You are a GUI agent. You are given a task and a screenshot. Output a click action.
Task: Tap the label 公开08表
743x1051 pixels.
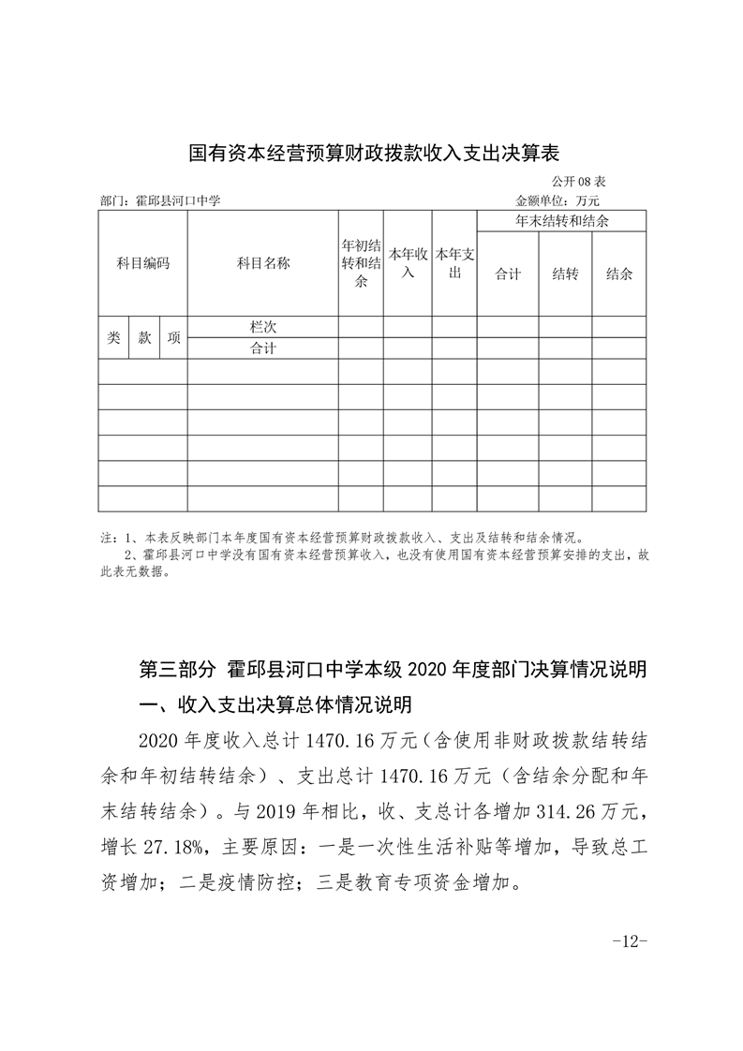[x=579, y=182]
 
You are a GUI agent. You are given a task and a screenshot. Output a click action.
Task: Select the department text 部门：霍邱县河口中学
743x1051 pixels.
[x=160, y=200]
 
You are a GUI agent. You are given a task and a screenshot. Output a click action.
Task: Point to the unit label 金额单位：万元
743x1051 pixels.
[x=557, y=200]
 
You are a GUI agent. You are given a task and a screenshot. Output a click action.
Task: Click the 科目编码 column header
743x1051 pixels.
[x=143, y=264]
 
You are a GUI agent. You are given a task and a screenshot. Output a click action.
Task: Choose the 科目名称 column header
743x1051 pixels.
[x=263, y=264]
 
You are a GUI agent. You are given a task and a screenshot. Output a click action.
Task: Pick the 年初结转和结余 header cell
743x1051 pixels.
[x=361, y=263]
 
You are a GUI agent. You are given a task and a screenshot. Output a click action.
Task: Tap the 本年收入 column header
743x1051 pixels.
[x=408, y=263]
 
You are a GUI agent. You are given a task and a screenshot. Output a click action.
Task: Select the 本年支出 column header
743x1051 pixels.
[x=454, y=263]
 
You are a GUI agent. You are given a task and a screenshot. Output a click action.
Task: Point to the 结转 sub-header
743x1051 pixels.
[x=565, y=274]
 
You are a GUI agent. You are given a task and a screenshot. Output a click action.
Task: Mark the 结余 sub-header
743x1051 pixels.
[x=619, y=274]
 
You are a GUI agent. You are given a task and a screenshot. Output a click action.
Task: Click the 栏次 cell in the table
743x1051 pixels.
[x=263, y=327]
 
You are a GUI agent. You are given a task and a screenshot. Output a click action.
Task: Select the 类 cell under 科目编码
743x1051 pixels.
[x=113, y=338]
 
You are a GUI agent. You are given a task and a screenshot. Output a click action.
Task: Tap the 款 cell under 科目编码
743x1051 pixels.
[x=144, y=338]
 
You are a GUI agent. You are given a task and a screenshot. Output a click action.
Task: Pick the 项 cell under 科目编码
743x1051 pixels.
[x=173, y=338]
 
